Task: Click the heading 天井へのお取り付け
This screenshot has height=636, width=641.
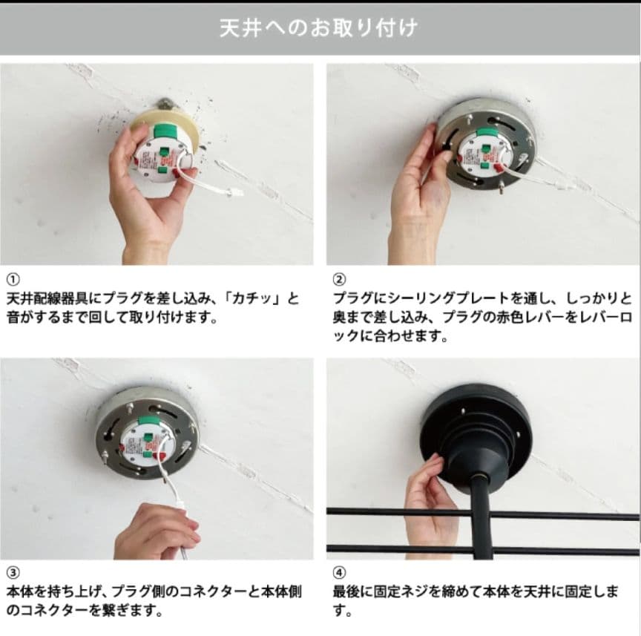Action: (318, 27)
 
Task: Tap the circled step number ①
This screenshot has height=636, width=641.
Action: (13, 280)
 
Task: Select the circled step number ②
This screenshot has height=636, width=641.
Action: (339, 280)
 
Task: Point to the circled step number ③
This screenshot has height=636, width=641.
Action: (13, 573)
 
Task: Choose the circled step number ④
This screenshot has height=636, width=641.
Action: (339, 573)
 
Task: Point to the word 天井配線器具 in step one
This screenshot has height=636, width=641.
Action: (47, 299)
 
